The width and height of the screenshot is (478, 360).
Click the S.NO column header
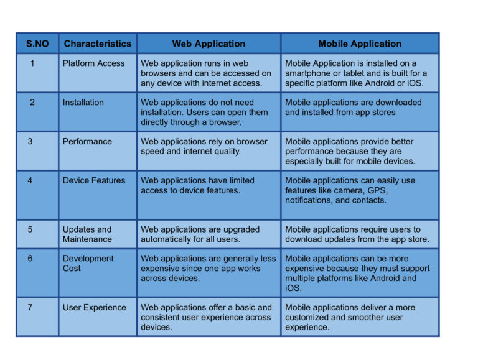click(37, 44)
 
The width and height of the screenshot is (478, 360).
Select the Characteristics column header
click(98, 44)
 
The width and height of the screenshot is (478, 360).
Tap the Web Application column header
click(209, 44)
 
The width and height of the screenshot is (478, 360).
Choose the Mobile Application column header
click(360, 44)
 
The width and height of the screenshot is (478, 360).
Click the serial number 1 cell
click(32, 63)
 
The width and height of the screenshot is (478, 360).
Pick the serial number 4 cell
click(30, 181)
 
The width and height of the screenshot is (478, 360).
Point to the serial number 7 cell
click(30, 308)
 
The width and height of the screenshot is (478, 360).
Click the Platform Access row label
click(93, 63)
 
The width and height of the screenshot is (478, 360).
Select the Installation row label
click(83, 103)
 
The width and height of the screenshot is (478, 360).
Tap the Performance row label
click(87, 142)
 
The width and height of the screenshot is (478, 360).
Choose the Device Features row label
click(94, 181)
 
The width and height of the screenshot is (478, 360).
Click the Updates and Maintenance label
click(87, 234)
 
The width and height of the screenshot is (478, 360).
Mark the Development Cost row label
click(88, 264)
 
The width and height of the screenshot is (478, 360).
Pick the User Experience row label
click(94, 308)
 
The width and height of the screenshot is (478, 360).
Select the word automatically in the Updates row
click(169, 239)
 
